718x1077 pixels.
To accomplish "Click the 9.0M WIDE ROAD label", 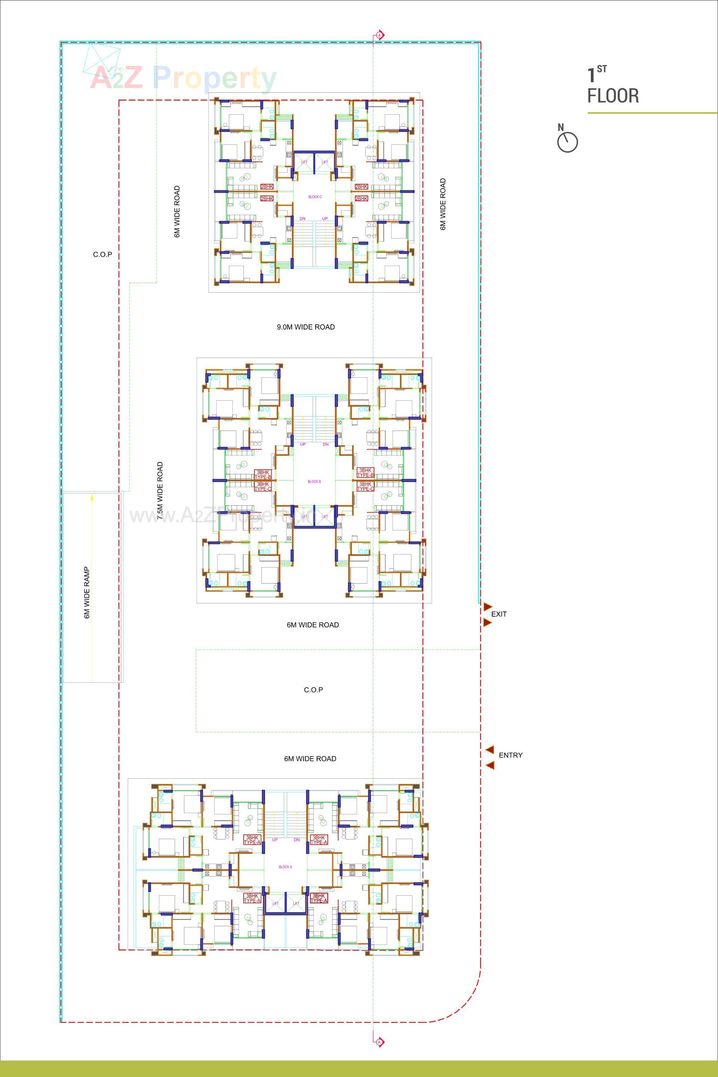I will (306, 327).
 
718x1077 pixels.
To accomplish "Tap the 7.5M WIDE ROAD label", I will (160, 490).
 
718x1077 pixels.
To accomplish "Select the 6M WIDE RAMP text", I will (86, 593).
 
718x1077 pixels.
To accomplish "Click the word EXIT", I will (498, 614).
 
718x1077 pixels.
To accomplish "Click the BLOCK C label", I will (314, 197).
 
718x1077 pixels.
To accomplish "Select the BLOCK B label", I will (314, 482).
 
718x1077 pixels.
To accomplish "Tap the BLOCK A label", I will (285, 867).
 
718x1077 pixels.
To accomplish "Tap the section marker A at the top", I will (380, 35).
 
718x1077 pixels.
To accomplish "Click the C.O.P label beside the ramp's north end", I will (102, 255).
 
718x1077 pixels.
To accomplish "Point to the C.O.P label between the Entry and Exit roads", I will (313, 690).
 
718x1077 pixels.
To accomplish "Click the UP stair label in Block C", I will (325, 218).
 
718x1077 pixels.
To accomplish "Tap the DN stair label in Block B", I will (326, 444).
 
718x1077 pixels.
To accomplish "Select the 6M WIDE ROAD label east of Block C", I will (443, 204).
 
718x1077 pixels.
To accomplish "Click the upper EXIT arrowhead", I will (488, 607).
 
